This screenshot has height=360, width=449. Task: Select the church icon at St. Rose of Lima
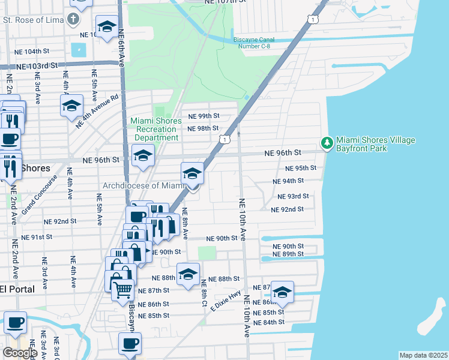pyautogui.click(x=74, y=19)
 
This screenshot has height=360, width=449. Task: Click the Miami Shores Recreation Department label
pyautogui.click(x=156, y=129)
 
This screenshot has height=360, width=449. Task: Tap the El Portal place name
pyautogui.click(x=17, y=289)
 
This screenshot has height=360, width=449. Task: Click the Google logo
pyautogui.click(x=19, y=352)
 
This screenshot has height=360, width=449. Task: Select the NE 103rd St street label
pyautogui.click(x=37, y=65)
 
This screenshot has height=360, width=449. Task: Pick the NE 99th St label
pyautogui.click(x=204, y=116)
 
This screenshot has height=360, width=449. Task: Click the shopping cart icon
pyautogui.click(x=123, y=290)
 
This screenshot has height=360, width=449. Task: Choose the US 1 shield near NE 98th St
pyautogui.click(x=224, y=139)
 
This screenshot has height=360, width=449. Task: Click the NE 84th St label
pyautogui.click(x=269, y=322)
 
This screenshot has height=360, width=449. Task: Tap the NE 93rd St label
pyautogui.click(x=294, y=196)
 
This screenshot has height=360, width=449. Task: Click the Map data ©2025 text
pyautogui.click(x=423, y=355)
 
